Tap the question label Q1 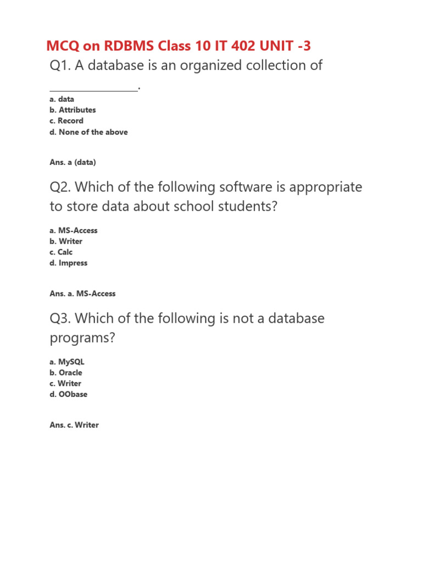pyautogui.click(x=60, y=65)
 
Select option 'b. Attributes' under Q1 pyautogui.click(x=73, y=110)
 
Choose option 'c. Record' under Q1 pyautogui.click(x=66, y=121)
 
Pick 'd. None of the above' pyautogui.click(x=88, y=132)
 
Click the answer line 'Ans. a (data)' pyautogui.click(x=73, y=162)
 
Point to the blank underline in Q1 pyautogui.click(x=93, y=89)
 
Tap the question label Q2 pyautogui.click(x=60, y=187)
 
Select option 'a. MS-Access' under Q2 pyautogui.click(x=74, y=230)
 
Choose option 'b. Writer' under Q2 pyautogui.click(x=66, y=241)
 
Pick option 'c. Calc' pyautogui.click(x=61, y=252)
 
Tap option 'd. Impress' pyautogui.click(x=69, y=263)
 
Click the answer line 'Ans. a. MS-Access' pyautogui.click(x=82, y=294)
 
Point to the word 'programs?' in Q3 pyautogui.click(x=82, y=338)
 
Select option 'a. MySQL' pyautogui.click(x=67, y=362)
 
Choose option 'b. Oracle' pyautogui.click(x=66, y=373)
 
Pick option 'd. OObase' pyautogui.click(x=69, y=395)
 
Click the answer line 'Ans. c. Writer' pyautogui.click(x=74, y=425)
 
